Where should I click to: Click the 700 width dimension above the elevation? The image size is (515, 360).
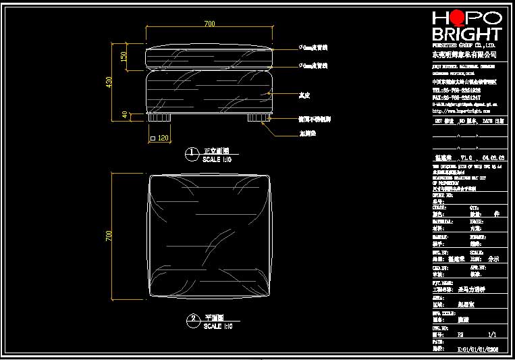pyautogui.click(x=209, y=24)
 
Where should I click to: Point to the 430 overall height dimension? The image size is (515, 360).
pyautogui.click(x=109, y=82)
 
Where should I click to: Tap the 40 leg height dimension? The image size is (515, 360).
pyautogui.click(x=124, y=115)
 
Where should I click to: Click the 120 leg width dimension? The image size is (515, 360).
pyautogui.click(x=163, y=138)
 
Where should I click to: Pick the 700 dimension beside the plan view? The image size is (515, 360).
pyautogui.click(x=108, y=235)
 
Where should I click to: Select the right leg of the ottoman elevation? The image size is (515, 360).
pyautogui.click(x=256, y=118)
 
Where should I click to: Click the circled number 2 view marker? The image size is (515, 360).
pyautogui.click(x=192, y=318)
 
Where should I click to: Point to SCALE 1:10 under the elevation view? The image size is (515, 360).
pyautogui.click(x=217, y=160)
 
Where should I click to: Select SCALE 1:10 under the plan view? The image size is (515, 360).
pyautogui.click(x=217, y=326)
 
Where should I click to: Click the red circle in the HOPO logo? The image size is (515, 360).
pyautogui.click(x=459, y=18)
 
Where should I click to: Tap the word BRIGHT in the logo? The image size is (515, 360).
pyautogui.click(x=466, y=34)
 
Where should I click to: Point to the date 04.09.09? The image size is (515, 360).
pyautogui.click(x=492, y=157)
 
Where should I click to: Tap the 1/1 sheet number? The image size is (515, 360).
pyautogui.click(x=491, y=334)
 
